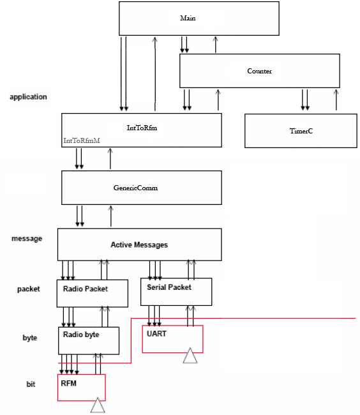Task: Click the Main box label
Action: [188, 18]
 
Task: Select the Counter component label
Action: [259, 71]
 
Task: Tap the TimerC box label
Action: [301, 131]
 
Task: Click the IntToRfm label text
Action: [142, 128]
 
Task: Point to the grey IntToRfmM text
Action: [82, 140]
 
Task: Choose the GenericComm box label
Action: [135, 188]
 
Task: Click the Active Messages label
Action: [139, 245]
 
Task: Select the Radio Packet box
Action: [93, 293]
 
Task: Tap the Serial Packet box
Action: [176, 292]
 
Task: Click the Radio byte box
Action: [89, 341]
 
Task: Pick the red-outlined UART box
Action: [172, 339]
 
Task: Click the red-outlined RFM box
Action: [82, 388]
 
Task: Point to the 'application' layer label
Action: [28, 97]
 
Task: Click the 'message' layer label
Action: [27, 239]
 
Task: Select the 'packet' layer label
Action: [29, 289]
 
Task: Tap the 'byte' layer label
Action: [30, 338]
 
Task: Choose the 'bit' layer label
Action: [31, 384]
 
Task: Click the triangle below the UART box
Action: [190, 356]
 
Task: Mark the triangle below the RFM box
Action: [98, 405]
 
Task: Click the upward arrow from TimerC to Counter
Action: [336, 100]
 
